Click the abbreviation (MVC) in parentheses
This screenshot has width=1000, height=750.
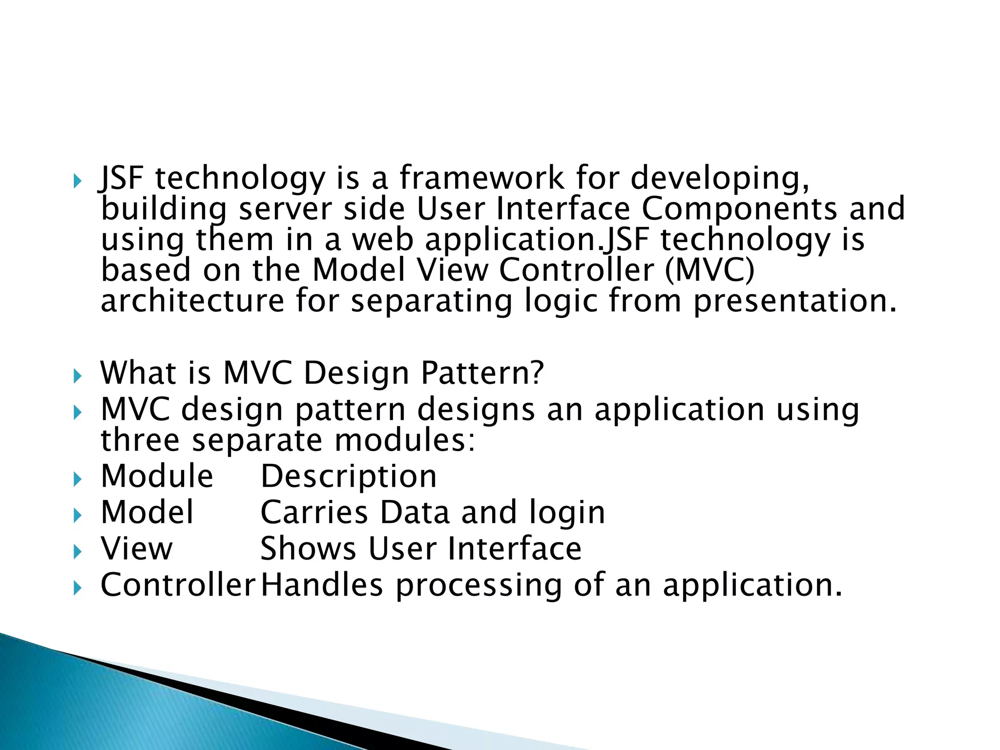pos(709,270)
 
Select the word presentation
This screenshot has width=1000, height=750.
pos(795,301)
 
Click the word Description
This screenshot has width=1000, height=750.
pos(349,476)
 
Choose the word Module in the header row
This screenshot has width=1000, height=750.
pos(157,476)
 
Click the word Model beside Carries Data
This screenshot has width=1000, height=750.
pos(147,512)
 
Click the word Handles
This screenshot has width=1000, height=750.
pos(322,585)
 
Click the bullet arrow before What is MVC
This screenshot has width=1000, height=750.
pos(77,376)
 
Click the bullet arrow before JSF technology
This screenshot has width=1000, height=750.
pos(77,182)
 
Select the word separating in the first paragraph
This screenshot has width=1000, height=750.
pos(432,301)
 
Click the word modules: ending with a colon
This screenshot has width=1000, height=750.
pos(404,440)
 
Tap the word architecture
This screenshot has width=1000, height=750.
pos(192,301)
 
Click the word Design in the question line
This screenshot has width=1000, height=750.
pos(356,373)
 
